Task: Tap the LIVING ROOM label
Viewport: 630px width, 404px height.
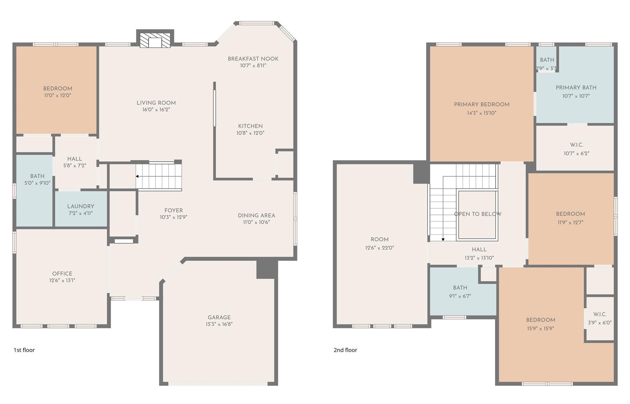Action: point(156,103)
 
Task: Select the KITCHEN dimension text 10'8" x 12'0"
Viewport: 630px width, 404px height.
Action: point(250,133)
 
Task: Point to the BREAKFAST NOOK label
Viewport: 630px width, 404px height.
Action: point(253,59)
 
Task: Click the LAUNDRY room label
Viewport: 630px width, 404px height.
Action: point(81,207)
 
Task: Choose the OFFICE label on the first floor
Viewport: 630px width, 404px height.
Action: point(62,274)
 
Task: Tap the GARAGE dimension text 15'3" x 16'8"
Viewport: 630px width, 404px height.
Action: point(219,324)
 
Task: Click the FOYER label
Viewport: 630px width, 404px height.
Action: point(173,211)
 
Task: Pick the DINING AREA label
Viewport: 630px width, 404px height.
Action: point(257,216)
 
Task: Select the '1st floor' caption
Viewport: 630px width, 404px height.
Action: point(24,350)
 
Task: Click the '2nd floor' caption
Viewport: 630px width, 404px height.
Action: point(345,350)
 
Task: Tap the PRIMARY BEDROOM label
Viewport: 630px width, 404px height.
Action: point(482,105)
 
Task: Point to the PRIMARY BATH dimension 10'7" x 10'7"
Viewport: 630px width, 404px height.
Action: point(576,96)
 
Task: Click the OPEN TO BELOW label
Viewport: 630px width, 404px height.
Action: point(478,214)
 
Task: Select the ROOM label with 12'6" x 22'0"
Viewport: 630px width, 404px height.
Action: point(380,240)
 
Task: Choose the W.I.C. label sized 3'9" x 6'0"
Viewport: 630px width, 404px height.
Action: point(600,314)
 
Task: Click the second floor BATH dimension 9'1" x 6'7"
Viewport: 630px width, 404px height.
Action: point(460,296)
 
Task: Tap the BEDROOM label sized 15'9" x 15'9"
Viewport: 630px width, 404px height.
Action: point(540,320)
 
